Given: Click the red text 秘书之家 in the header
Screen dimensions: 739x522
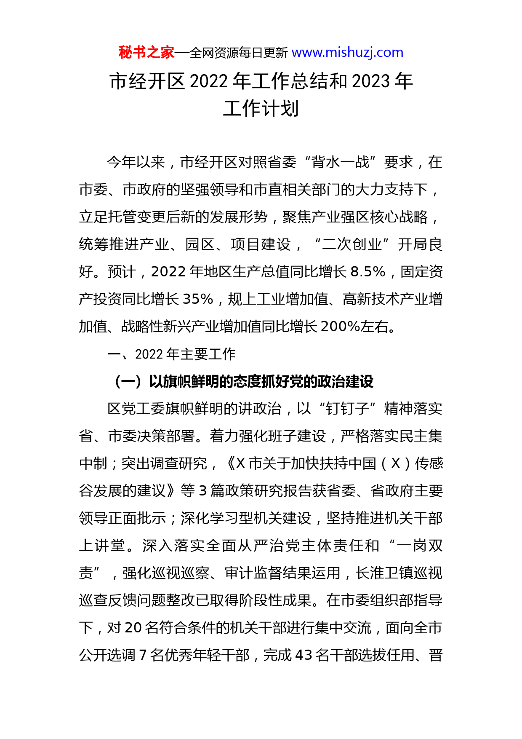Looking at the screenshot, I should click(146, 53).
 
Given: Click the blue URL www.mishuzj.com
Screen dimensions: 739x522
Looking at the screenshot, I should click(347, 53).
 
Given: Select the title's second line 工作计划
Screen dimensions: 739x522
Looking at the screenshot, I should click(261, 108).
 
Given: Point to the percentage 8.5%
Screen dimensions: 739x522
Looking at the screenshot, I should click(368, 272).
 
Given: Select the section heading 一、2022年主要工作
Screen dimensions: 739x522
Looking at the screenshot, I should click(171, 354).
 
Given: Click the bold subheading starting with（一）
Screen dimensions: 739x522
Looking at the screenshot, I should click(242, 382).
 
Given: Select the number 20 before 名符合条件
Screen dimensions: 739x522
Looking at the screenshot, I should click(133, 628).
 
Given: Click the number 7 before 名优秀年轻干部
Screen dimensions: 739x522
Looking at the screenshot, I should click(143, 656).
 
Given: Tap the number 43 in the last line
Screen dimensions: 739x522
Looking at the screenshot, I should click(304, 656).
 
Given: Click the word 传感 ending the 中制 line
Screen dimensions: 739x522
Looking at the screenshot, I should click(429, 464).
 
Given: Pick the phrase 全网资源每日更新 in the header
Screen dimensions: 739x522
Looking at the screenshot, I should click(239, 53).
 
